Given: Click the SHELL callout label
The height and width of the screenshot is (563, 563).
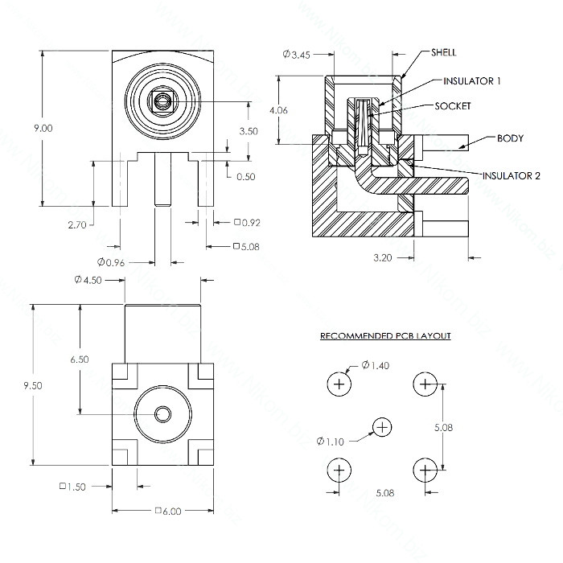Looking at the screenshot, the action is point(444,52).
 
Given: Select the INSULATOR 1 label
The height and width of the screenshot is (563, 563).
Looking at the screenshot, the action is point(472,81).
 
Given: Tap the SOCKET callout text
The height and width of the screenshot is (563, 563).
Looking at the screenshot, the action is point(452,106).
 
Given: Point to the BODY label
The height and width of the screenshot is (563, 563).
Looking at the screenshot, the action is point(510,138).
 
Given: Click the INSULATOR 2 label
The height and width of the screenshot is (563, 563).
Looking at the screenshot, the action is point(511,176).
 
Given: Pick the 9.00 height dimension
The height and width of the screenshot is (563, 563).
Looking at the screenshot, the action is point(43,128).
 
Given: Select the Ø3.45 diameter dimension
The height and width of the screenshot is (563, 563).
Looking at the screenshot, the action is point(296,55).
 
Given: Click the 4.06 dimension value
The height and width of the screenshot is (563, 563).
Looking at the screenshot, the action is point(278,110).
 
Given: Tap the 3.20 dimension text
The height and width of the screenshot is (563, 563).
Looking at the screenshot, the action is point(382,258).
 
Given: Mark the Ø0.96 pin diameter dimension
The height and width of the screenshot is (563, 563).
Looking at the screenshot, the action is point(111,262).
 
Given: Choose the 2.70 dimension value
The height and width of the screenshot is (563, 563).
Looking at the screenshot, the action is point(77,225).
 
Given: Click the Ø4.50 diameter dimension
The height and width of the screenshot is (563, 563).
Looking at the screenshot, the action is point(88,280).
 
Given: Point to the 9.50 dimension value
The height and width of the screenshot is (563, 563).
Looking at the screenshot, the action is point(33,385).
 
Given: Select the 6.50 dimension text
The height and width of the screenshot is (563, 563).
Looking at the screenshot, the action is point(80,360).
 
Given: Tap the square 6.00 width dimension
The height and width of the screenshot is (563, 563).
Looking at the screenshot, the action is point(168,511).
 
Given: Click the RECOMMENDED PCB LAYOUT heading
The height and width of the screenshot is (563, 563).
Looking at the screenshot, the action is point(385,336).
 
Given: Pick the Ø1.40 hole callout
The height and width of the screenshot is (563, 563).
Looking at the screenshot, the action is point(376,365).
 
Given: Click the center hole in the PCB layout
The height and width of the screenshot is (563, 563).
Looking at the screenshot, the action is point(382,427).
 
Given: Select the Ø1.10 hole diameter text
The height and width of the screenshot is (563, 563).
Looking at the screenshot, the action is point(331,442).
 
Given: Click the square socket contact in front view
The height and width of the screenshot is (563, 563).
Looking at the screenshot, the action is point(162,102).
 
